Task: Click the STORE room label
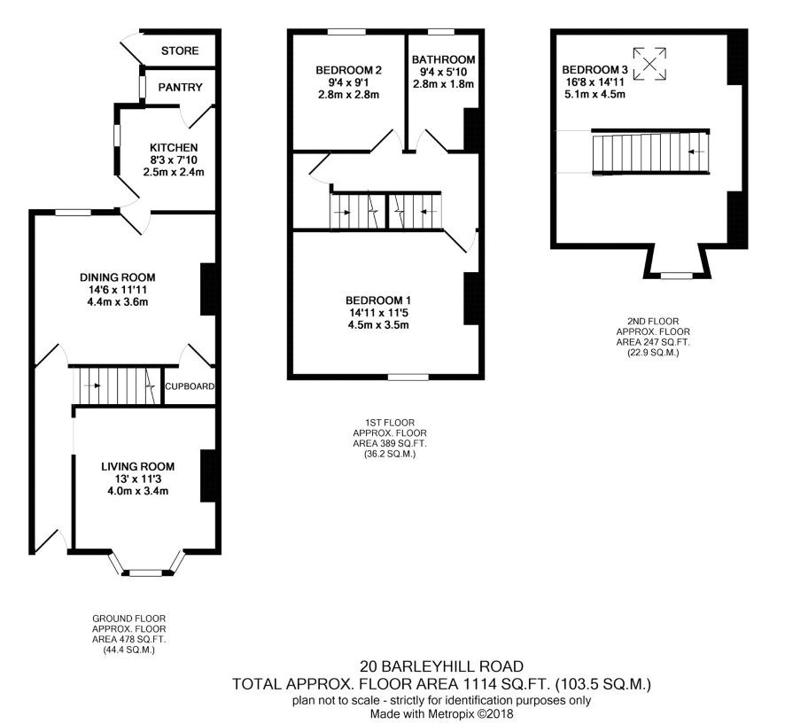click(x=180, y=51)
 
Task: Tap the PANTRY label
click(x=180, y=87)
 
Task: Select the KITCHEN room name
click(x=174, y=148)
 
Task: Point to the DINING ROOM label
click(x=118, y=277)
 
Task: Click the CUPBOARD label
click(x=190, y=386)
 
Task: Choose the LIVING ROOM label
click(x=137, y=467)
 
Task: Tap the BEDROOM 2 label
click(x=348, y=70)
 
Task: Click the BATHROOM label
click(x=444, y=59)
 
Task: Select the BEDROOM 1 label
click(x=378, y=300)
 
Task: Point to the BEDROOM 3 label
click(x=595, y=70)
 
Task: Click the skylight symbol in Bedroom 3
click(x=649, y=64)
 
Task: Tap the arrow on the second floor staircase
click(x=696, y=152)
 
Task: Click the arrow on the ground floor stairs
click(x=92, y=385)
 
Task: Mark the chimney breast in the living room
click(x=208, y=476)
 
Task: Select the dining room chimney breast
click(x=208, y=290)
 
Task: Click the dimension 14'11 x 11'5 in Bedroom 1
click(x=378, y=313)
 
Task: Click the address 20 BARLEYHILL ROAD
click(x=441, y=666)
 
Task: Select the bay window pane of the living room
click(x=145, y=572)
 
